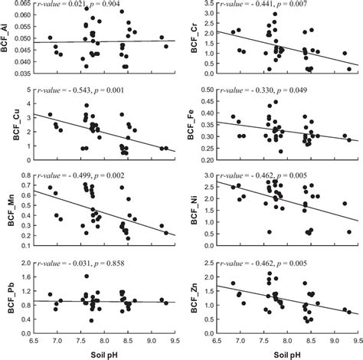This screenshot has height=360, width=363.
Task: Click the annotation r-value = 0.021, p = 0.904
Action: (95, 6)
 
